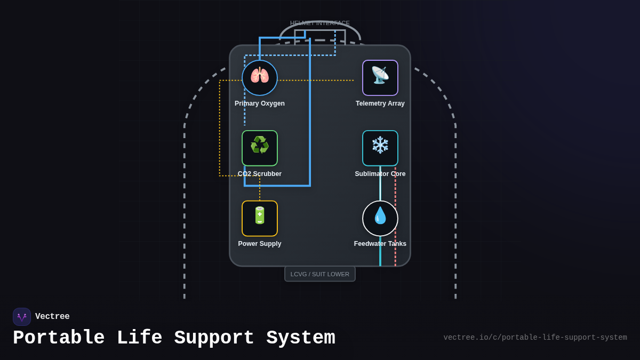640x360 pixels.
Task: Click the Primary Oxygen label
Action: tap(260, 103)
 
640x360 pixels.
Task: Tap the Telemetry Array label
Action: tap(380, 103)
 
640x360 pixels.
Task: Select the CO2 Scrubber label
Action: tap(260, 174)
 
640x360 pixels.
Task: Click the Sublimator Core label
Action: tap(380, 174)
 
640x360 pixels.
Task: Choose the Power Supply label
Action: tap(260, 244)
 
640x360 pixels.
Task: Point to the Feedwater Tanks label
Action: tap(380, 244)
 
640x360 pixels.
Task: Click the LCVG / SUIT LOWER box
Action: tap(320, 274)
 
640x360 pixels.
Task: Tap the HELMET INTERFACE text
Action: tap(320, 23)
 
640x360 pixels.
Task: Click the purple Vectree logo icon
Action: tap(22, 317)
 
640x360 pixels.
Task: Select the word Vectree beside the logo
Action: tap(52, 317)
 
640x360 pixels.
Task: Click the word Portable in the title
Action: tap(59, 338)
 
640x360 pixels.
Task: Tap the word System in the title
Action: tap(301, 338)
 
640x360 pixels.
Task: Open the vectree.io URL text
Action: tap(535, 338)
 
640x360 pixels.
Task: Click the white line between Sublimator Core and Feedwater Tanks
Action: tap(380, 183)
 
